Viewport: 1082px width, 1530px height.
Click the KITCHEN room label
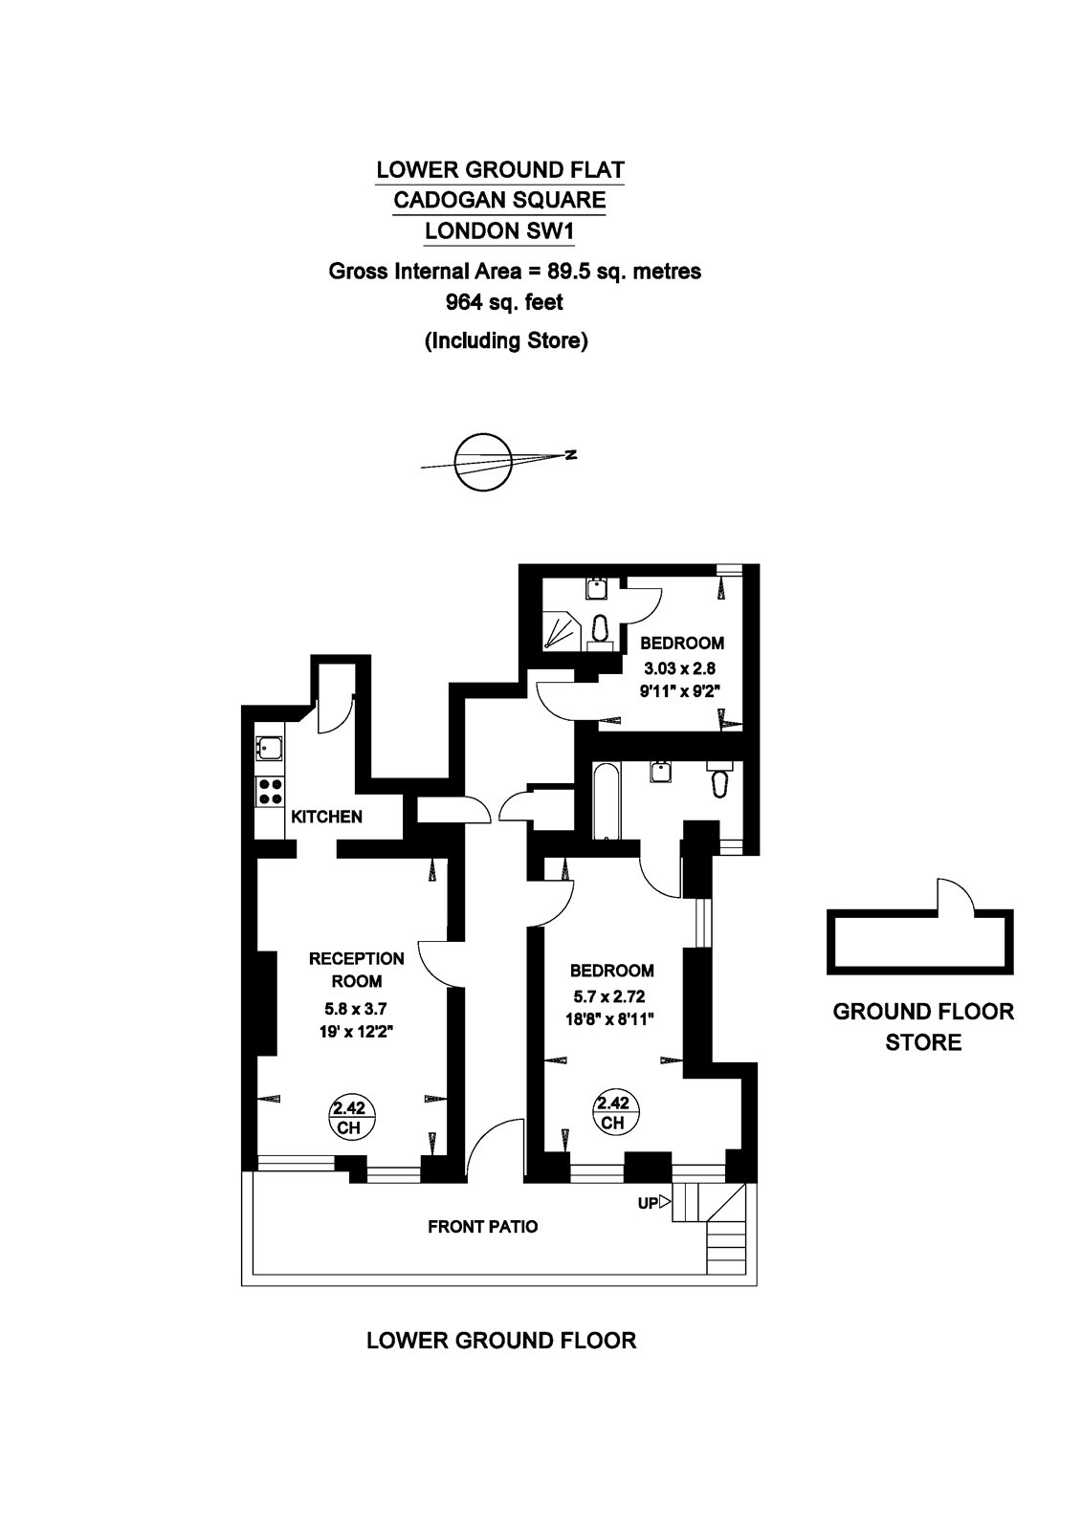pos(326,817)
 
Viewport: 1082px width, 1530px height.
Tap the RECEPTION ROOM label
pos(356,969)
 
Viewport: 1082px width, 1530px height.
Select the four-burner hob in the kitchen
pos(270,791)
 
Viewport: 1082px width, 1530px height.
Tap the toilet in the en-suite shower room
pos(601,628)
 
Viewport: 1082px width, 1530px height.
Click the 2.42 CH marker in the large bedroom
pos(612,1112)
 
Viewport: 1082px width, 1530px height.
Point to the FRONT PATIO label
pos(482,1226)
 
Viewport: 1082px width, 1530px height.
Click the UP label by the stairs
pos(648,1203)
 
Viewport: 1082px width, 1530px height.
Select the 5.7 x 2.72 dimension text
pos(608,996)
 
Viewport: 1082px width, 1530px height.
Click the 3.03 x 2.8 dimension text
pos(678,668)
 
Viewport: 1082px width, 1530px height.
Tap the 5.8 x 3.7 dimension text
pos(355,1008)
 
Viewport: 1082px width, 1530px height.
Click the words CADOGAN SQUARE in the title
pos(500,200)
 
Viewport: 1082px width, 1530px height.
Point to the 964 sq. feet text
pos(504,303)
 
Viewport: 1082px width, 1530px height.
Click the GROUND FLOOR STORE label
pos(922,1026)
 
